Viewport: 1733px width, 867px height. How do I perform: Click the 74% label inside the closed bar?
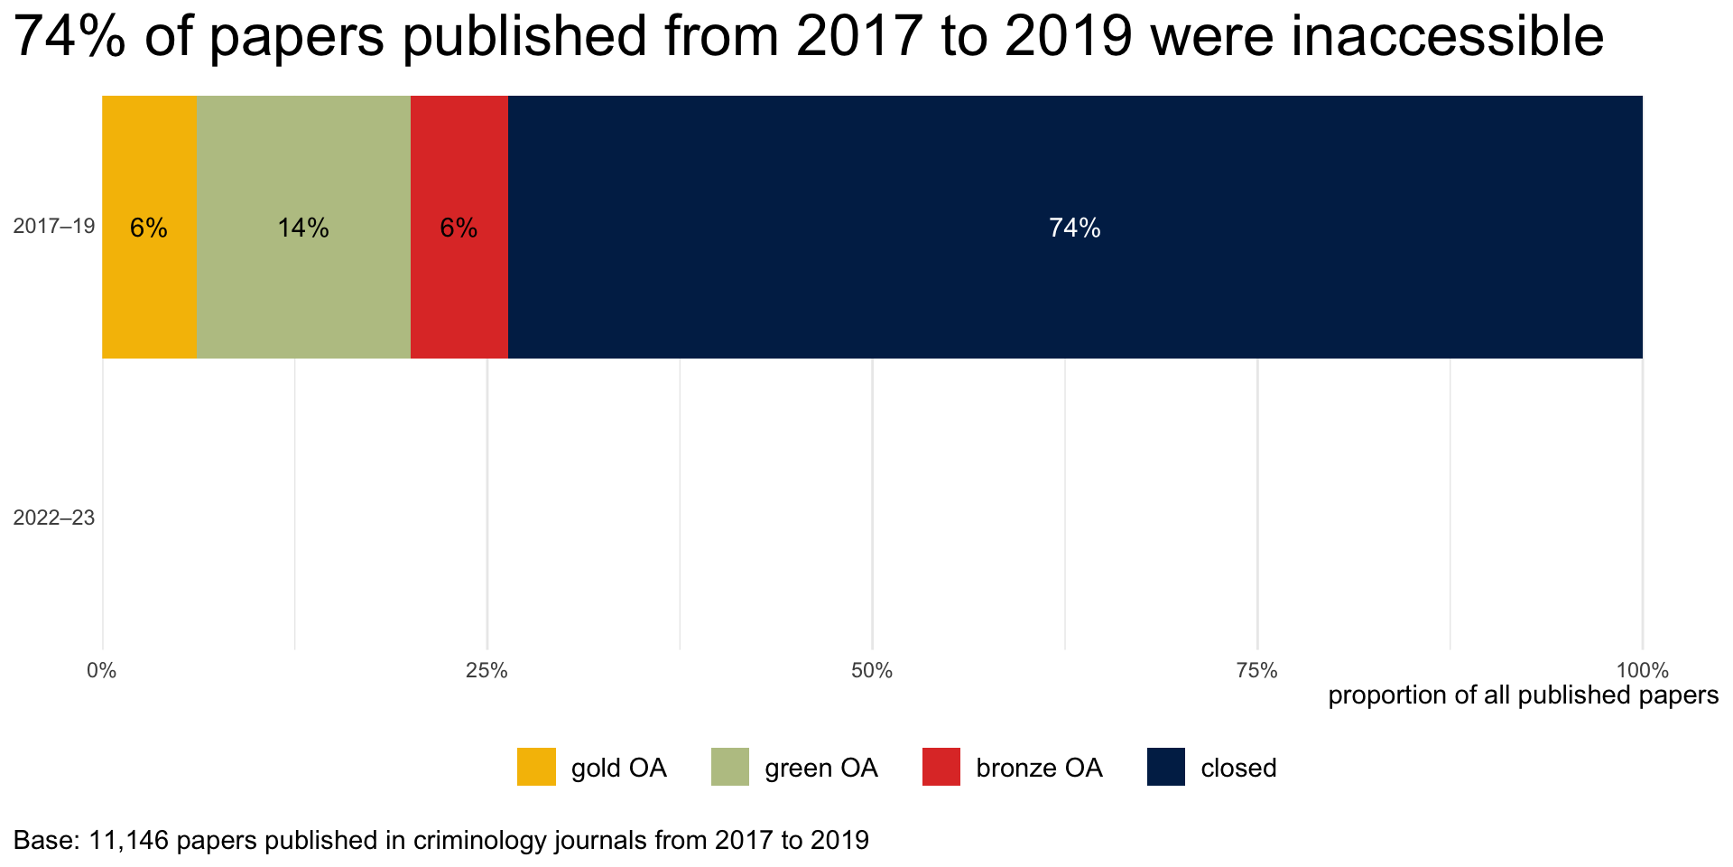pos(1074,228)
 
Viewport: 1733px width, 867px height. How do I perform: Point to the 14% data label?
pos(303,228)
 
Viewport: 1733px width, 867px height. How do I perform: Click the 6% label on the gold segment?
pos(149,228)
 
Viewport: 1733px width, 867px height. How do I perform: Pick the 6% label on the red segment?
pos(459,228)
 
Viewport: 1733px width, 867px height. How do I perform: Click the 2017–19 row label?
pos(54,226)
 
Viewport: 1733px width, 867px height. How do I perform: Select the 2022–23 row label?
pos(54,518)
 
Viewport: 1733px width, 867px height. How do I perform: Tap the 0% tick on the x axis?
pos(102,671)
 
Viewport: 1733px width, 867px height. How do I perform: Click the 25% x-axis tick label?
pos(487,671)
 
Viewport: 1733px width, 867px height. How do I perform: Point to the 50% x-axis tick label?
pos(872,671)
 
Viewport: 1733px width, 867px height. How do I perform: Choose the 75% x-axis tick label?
pos(1257,671)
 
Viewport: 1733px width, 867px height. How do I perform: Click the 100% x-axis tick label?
pos(1642,671)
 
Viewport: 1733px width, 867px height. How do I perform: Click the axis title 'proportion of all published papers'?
pos(1523,695)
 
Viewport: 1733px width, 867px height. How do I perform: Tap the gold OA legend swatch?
pos(536,767)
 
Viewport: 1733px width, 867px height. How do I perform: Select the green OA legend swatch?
pos(730,767)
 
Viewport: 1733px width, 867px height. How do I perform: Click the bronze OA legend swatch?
pos(941,767)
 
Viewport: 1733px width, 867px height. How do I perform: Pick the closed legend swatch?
pos(1166,767)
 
